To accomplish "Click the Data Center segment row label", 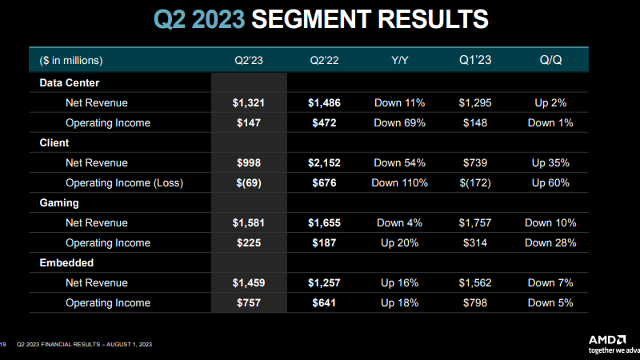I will [69, 82].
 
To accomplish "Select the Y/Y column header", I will [399, 61].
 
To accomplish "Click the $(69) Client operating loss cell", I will [247, 182].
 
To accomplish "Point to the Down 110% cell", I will [399, 182].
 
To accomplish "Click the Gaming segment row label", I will [59, 203].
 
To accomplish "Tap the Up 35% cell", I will [551, 162].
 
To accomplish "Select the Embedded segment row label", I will [66, 262].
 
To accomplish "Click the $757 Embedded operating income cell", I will [247, 302].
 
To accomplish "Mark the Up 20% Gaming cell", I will [399, 242].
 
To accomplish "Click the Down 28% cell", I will [551, 242].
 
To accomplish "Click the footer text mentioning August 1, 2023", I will [84, 345].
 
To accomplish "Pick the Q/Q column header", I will [551, 61].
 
